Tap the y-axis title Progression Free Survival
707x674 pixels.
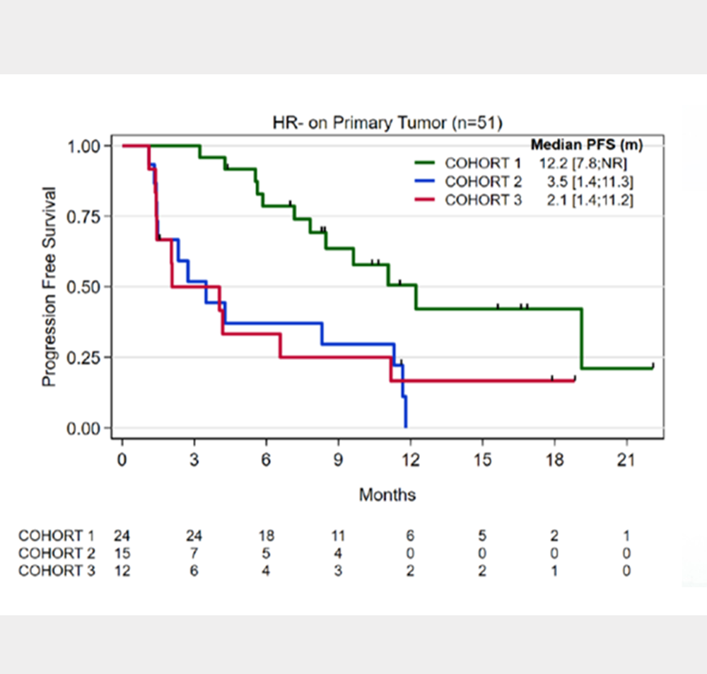tap(49, 286)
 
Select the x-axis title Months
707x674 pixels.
tap(387, 494)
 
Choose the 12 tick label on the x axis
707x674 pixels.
tap(410, 460)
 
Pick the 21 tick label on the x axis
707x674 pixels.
tap(626, 460)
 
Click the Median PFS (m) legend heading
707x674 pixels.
tap(586, 146)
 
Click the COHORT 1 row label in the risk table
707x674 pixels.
tap(57, 535)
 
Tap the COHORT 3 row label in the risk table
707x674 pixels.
tap(57, 571)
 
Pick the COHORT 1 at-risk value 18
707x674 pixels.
tap(267, 535)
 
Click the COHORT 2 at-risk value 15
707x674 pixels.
tap(122, 553)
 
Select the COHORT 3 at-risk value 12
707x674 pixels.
tap(122, 571)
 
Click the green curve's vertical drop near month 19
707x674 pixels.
tap(581, 338)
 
